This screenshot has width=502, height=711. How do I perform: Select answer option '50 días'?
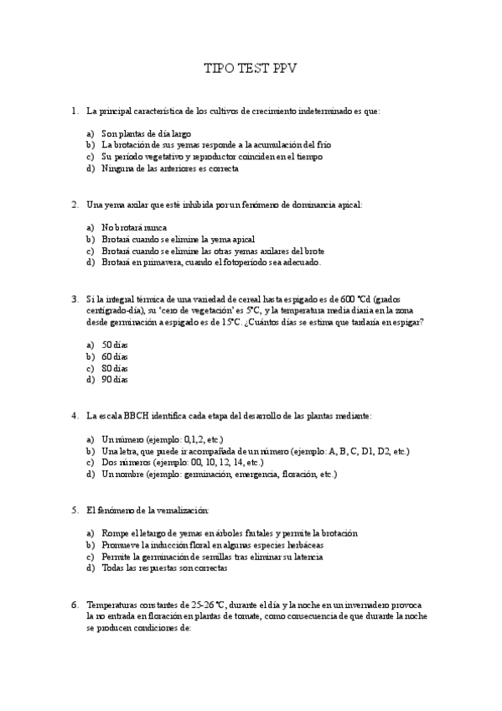115,345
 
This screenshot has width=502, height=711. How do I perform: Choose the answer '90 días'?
115,380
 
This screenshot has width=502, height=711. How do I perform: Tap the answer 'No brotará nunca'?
133,227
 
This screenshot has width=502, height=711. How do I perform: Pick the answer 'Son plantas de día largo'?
146,133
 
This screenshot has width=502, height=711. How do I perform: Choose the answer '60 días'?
115,356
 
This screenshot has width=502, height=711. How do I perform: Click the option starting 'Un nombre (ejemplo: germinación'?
219,474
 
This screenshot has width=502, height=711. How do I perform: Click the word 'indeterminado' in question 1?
308,110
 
